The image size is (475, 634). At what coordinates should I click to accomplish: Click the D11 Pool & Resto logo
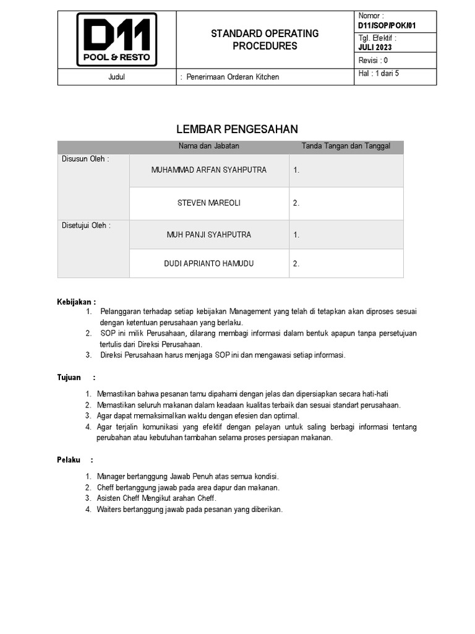coord(116,40)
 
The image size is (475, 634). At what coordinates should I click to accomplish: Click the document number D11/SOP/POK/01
coord(387,25)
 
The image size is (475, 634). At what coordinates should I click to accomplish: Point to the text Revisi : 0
coord(374,60)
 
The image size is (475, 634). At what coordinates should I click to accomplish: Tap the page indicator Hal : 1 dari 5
coord(379,73)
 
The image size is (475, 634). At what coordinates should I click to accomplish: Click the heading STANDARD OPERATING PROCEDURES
coord(265,40)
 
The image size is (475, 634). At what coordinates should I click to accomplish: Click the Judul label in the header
coord(116,77)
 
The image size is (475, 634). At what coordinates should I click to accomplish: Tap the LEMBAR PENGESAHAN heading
coord(237,129)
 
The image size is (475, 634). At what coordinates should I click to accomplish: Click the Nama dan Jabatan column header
coord(209,146)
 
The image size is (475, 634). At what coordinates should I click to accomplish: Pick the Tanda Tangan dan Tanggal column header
coord(346,146)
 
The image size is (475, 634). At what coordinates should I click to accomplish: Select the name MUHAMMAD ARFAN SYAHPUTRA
coord(209,170)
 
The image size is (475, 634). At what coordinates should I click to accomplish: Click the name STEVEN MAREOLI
coord(209,203)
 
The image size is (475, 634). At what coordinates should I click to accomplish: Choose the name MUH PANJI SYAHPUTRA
coord(209,235)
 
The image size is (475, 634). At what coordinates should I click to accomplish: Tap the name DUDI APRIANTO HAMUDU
coord(209,264)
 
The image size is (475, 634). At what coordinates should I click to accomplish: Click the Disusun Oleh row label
coord(85,159)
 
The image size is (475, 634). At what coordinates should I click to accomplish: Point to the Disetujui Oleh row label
coord(86,225)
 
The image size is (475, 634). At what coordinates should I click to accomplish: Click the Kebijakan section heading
coord(77,302)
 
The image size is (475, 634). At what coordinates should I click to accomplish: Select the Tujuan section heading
coord(70,377)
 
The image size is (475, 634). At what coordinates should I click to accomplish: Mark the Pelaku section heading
coord(69,460)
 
